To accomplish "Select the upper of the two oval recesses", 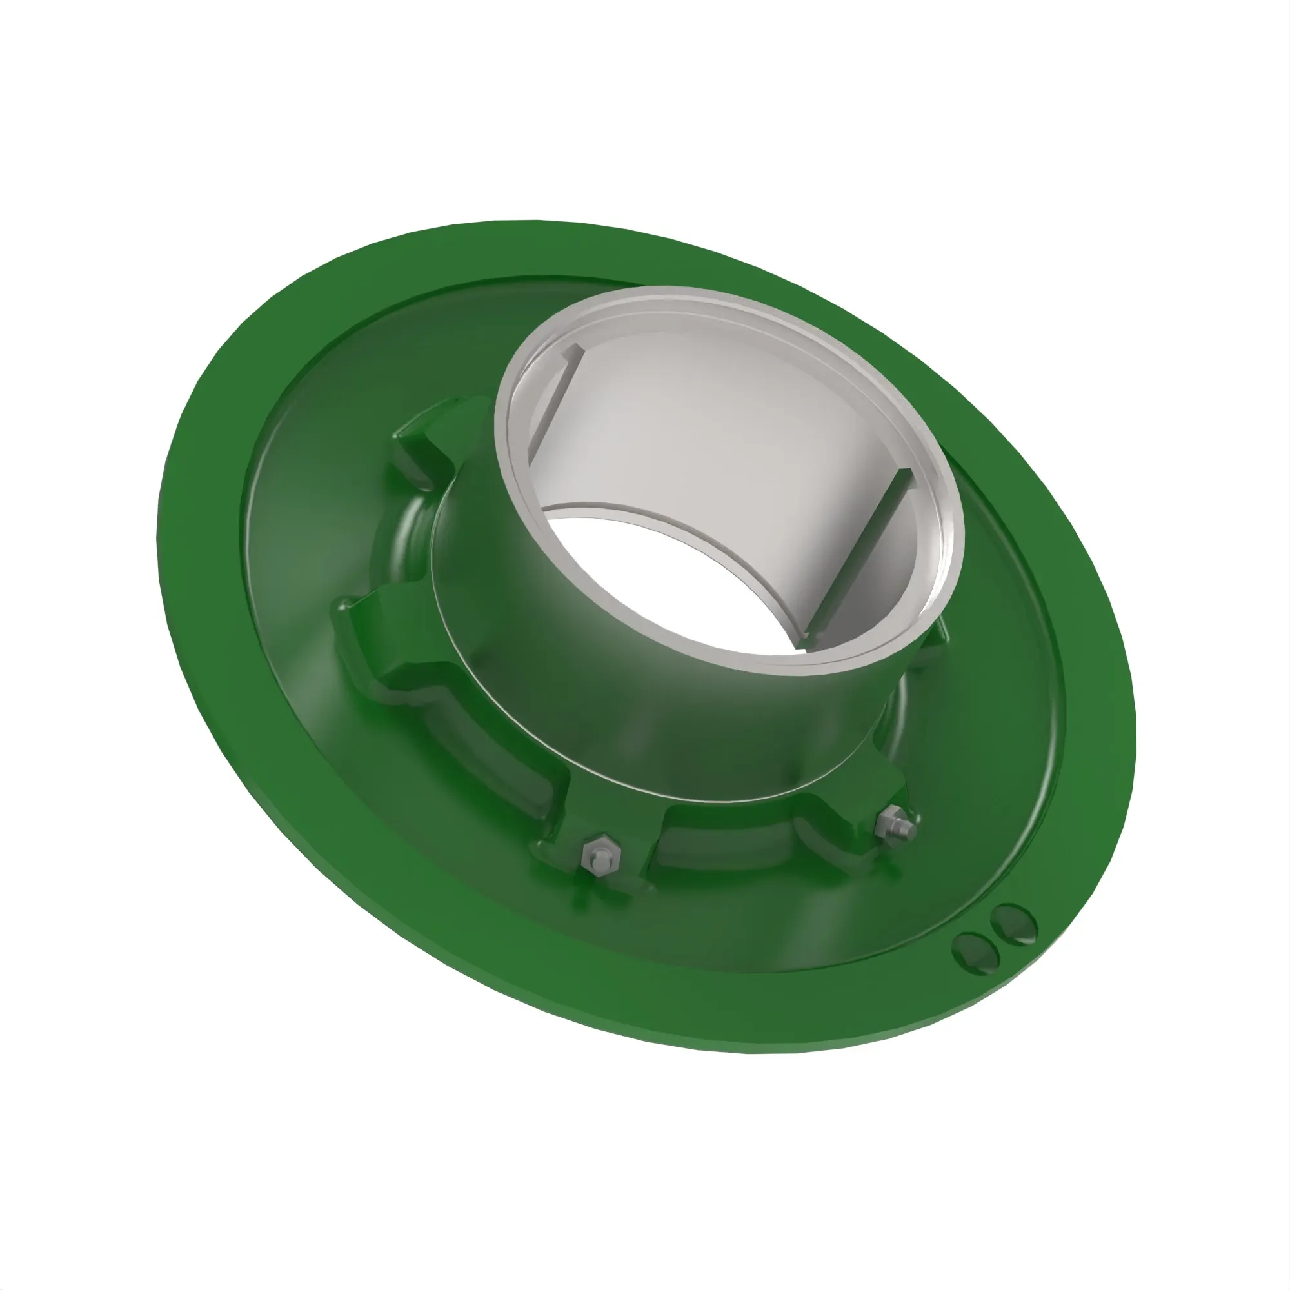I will pyautogui.click(x=1013, y=924).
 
